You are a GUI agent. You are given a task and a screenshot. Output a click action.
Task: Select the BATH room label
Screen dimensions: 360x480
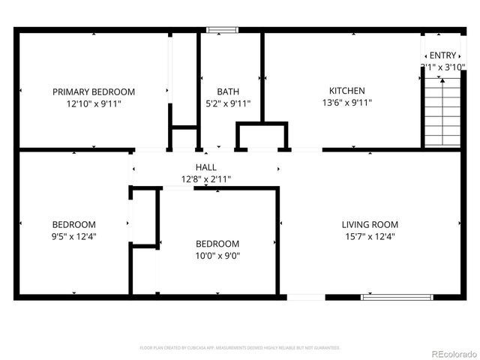pyautogui.click(x=228, y=91)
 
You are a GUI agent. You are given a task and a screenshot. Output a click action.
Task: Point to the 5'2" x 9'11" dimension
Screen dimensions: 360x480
pyautogui.click(x=228, y=104)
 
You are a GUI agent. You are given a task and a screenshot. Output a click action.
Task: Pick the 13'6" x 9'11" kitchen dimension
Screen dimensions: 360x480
pyautogui.click(x=346, y=103)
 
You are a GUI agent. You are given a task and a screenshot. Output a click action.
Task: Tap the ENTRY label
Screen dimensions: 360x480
pyautogui.click(x=442, y=55)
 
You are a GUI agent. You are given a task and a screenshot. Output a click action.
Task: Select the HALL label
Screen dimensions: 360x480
pyautogui.click(x=205, y=167)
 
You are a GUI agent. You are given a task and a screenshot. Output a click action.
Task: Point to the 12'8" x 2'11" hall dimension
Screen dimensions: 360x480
pyautogui.click(x=205, y=179)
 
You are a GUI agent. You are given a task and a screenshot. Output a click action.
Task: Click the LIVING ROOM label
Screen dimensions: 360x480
pyautogui.click(x=370, y=224)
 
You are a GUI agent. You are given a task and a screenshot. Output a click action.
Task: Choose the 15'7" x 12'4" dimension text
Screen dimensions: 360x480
pyautogui.click(x=370, y=236)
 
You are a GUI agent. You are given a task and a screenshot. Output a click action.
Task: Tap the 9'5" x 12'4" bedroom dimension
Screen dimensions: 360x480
pyautogui.click(x=73, y=236)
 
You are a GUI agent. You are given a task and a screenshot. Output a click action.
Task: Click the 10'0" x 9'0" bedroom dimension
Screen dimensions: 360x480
pyautogui.click(x=217, y=256)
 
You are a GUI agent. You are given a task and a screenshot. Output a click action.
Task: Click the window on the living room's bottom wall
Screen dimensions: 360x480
pyautogui.click(x=397, y=297)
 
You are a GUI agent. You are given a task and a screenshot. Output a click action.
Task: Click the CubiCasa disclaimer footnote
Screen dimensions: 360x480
pyautogui.click(x=240, y=348)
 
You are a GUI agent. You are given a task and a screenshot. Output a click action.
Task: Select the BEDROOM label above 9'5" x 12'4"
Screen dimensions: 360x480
pyautogui.click(x=73, y=224)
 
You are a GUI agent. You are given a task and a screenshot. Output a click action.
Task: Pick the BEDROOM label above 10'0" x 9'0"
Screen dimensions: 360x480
pyautogui.click(x=217, y=244)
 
